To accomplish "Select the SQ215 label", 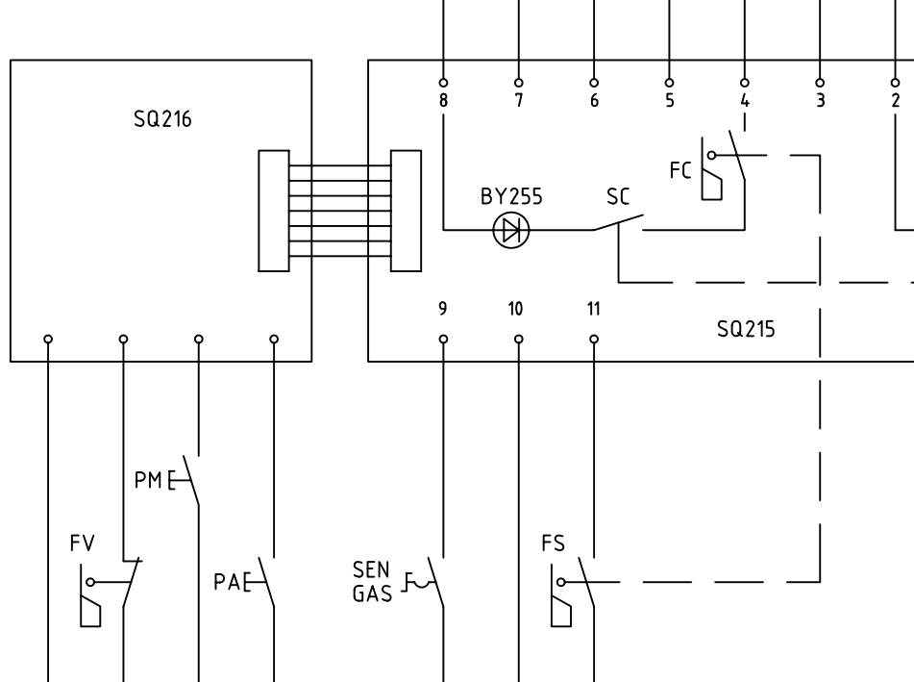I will pyautogui.click(x=747, y=328).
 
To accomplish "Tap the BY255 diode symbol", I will pyautogui.click(x=510, y=230).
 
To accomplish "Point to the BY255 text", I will pyautogui.click(x=511, y=197).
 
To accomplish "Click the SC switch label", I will pyautogui.click(x=618, y=197).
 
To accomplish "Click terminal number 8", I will pyautogui.click(x=443, y=100).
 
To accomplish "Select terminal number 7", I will pyautogui.click(x=518, y=100).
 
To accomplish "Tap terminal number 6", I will pyautogui.click(x=593, y=100).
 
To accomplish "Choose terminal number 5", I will pyautogui.click(x=669, y=100).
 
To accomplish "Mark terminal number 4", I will pyautogui.click(x=744, y=100).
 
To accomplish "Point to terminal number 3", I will pyautogui.click(x=819, y=100).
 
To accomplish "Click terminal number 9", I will pyautogui.click(x=443, y=309).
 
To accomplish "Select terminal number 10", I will pyautogui.click(x=516, y=309).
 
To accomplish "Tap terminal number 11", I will pyautogui.click(x=593, y=309).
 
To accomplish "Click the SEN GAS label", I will pyautogui.click(x=374, y=581).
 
